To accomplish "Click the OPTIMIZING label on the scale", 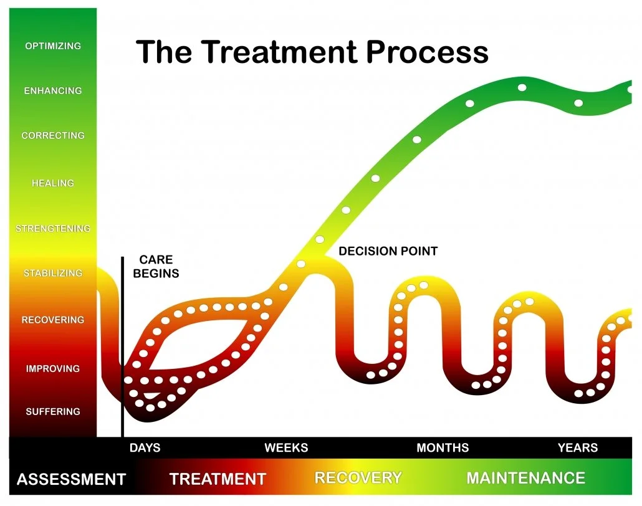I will (x=53, y=46).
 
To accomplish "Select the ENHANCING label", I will (x=53, y=91).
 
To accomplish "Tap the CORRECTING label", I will (x=53, y=136).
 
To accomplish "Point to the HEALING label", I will (x=53, y=183).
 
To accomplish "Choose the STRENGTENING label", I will (x=53, y=229).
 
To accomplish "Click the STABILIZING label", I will (x=53, y=274).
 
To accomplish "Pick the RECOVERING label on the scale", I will (x=53, y=320).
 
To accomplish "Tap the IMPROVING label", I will (x=53, y=369).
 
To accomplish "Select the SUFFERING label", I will (x=53, y=412).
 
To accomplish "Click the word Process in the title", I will (x=428, y=51).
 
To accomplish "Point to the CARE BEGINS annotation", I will (x=156, y=266).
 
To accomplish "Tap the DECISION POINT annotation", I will (x=388, y=252).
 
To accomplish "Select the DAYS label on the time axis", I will (x=145, y=448).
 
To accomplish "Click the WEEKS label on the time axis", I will (x=286, y=448).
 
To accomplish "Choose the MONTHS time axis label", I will (x=443, y=448).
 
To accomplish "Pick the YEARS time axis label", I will (x=578, y=448).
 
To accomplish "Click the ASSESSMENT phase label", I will (x=71, y=480).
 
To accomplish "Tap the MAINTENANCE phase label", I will (x=525, y=479).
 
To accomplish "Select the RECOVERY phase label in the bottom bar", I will (x=358, y=479).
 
